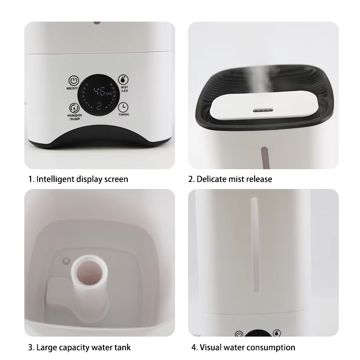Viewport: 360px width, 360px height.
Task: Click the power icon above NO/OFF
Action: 74,81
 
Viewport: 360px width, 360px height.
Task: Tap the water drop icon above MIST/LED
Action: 123,80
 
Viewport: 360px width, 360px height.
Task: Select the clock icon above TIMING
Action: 123,107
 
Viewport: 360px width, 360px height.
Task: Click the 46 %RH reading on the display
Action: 103,91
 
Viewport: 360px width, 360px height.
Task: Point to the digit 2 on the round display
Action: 99,106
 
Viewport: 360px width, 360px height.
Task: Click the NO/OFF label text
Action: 72,88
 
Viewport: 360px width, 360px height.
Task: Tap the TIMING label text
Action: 124,114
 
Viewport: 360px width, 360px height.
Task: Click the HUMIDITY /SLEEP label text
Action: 75,117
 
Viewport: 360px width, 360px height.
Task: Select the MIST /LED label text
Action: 125,89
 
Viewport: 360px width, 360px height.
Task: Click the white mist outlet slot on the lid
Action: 263,110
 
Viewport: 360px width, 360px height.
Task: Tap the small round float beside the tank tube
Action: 66,261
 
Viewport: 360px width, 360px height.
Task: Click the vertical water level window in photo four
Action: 255,244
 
